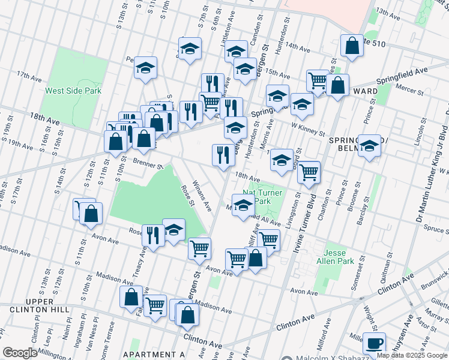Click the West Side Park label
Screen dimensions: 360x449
(73, 91)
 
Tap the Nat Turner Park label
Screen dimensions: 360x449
(262, 196)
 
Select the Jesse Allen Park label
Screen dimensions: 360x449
(339, 257)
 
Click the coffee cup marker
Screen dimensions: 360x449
(375, 344)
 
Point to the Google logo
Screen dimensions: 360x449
(20, 353)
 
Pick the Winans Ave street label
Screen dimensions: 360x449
(201, 196)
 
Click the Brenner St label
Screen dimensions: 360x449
(149, 163)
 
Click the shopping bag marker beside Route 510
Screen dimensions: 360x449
(351, 45)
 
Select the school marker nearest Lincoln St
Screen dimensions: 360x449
(370, 146)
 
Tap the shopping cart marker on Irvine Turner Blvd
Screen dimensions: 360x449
(309, 172)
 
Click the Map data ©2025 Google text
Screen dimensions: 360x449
(412, 355)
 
